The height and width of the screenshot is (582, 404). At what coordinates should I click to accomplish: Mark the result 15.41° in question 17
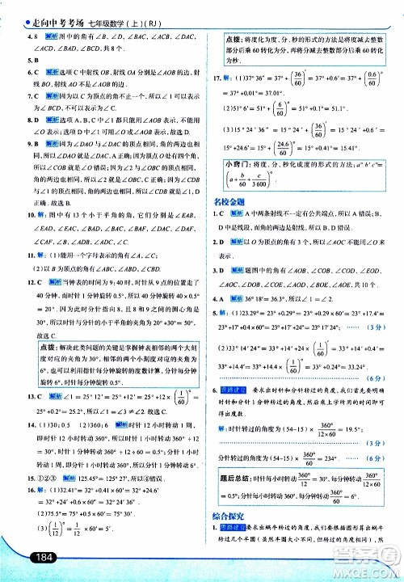point(365,147)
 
